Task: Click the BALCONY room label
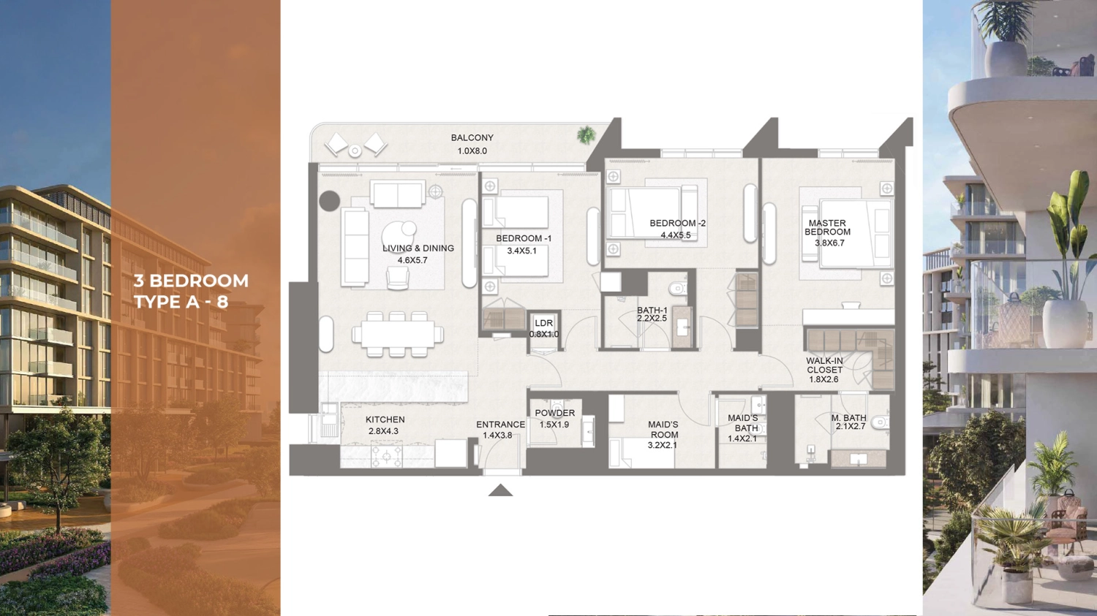tap(472, 138)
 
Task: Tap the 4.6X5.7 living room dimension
tap(412, 260)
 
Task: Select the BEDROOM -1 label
tap(524, 239)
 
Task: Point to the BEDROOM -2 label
tap(677, 223)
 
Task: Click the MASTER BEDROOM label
tap(827, 227)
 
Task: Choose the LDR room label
tap(543, 323)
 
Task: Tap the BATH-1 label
tap(652, 311)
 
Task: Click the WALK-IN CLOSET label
tap(825, 365)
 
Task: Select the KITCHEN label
tap(385, 419)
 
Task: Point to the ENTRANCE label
tap(500, 425)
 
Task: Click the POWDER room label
tap(554, 414)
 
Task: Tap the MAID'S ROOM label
tap(663, 430)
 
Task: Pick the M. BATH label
tap(848, 418)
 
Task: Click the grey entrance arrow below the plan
tap(500, 490)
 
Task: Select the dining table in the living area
tap(398, 334)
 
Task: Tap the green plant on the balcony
tap(586, 134)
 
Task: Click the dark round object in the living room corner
tap(330, 201)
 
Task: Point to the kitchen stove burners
tap(386, 456)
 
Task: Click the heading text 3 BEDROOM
tap(191, 281)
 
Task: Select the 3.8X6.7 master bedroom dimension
tap(829, 243)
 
